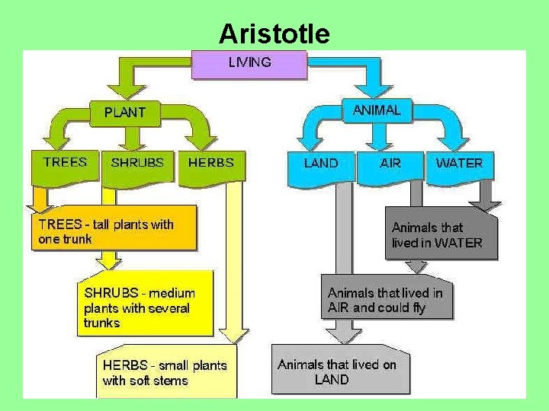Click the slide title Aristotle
pyautogui.click(x=274, y=34)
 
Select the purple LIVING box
pyautogui.click(x=249, y=64)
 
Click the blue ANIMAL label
pyautogui.click(x=376, y=110)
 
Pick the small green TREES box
pyautogui.click(x=65, y=164)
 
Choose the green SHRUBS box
pyautogui.click(x=136, y=164)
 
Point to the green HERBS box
pyautogui.click(x=210, y=164)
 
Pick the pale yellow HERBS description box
pyautogui.click(x=165, y=373)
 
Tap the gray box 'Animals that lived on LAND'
pyautogui.click(x=336, y=371)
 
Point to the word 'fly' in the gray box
pyautogui.click(x=417, y=307)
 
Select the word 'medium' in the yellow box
pyautogui.click(x=172, y=293)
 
